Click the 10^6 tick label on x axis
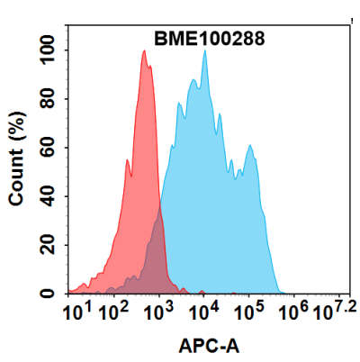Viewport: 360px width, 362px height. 292,312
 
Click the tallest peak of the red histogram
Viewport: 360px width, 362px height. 144,52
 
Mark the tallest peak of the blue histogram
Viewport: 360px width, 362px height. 205,52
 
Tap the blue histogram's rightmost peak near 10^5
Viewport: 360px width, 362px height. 251,149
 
